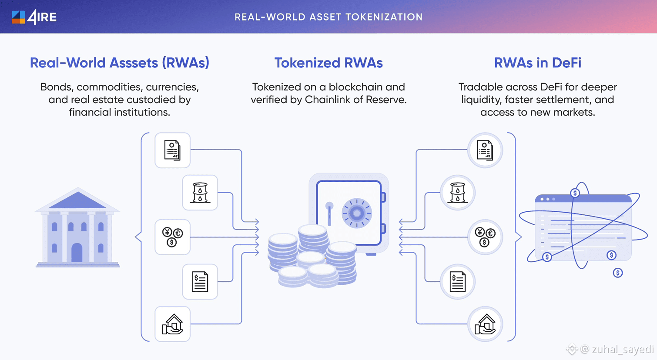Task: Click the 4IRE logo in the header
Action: [x=34, y=17]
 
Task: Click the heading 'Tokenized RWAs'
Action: [x=328, y=63]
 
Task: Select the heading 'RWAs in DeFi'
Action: [x=537, y=63]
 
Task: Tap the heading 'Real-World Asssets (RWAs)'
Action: [x=119, y=63]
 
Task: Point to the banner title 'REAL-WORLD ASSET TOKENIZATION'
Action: [x=328, y=17]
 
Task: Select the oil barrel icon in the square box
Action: [x=200, y=193]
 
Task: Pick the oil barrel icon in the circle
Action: [x=458, y=193]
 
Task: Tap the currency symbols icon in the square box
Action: [x=173, y=237]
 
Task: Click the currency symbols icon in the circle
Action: [x=485, y=237]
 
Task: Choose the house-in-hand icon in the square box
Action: [x=173, y=324]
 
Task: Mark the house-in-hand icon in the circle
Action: [x=485, y=324]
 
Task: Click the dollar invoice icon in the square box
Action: [x=200, y=282]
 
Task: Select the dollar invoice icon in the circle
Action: [x=458, y=282]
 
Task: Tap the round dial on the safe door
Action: [x=357, y=213]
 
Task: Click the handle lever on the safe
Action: [x=329, y=213]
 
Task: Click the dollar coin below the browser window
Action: [x=618, y=273]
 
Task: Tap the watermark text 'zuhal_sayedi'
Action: [x=623, y=349]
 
